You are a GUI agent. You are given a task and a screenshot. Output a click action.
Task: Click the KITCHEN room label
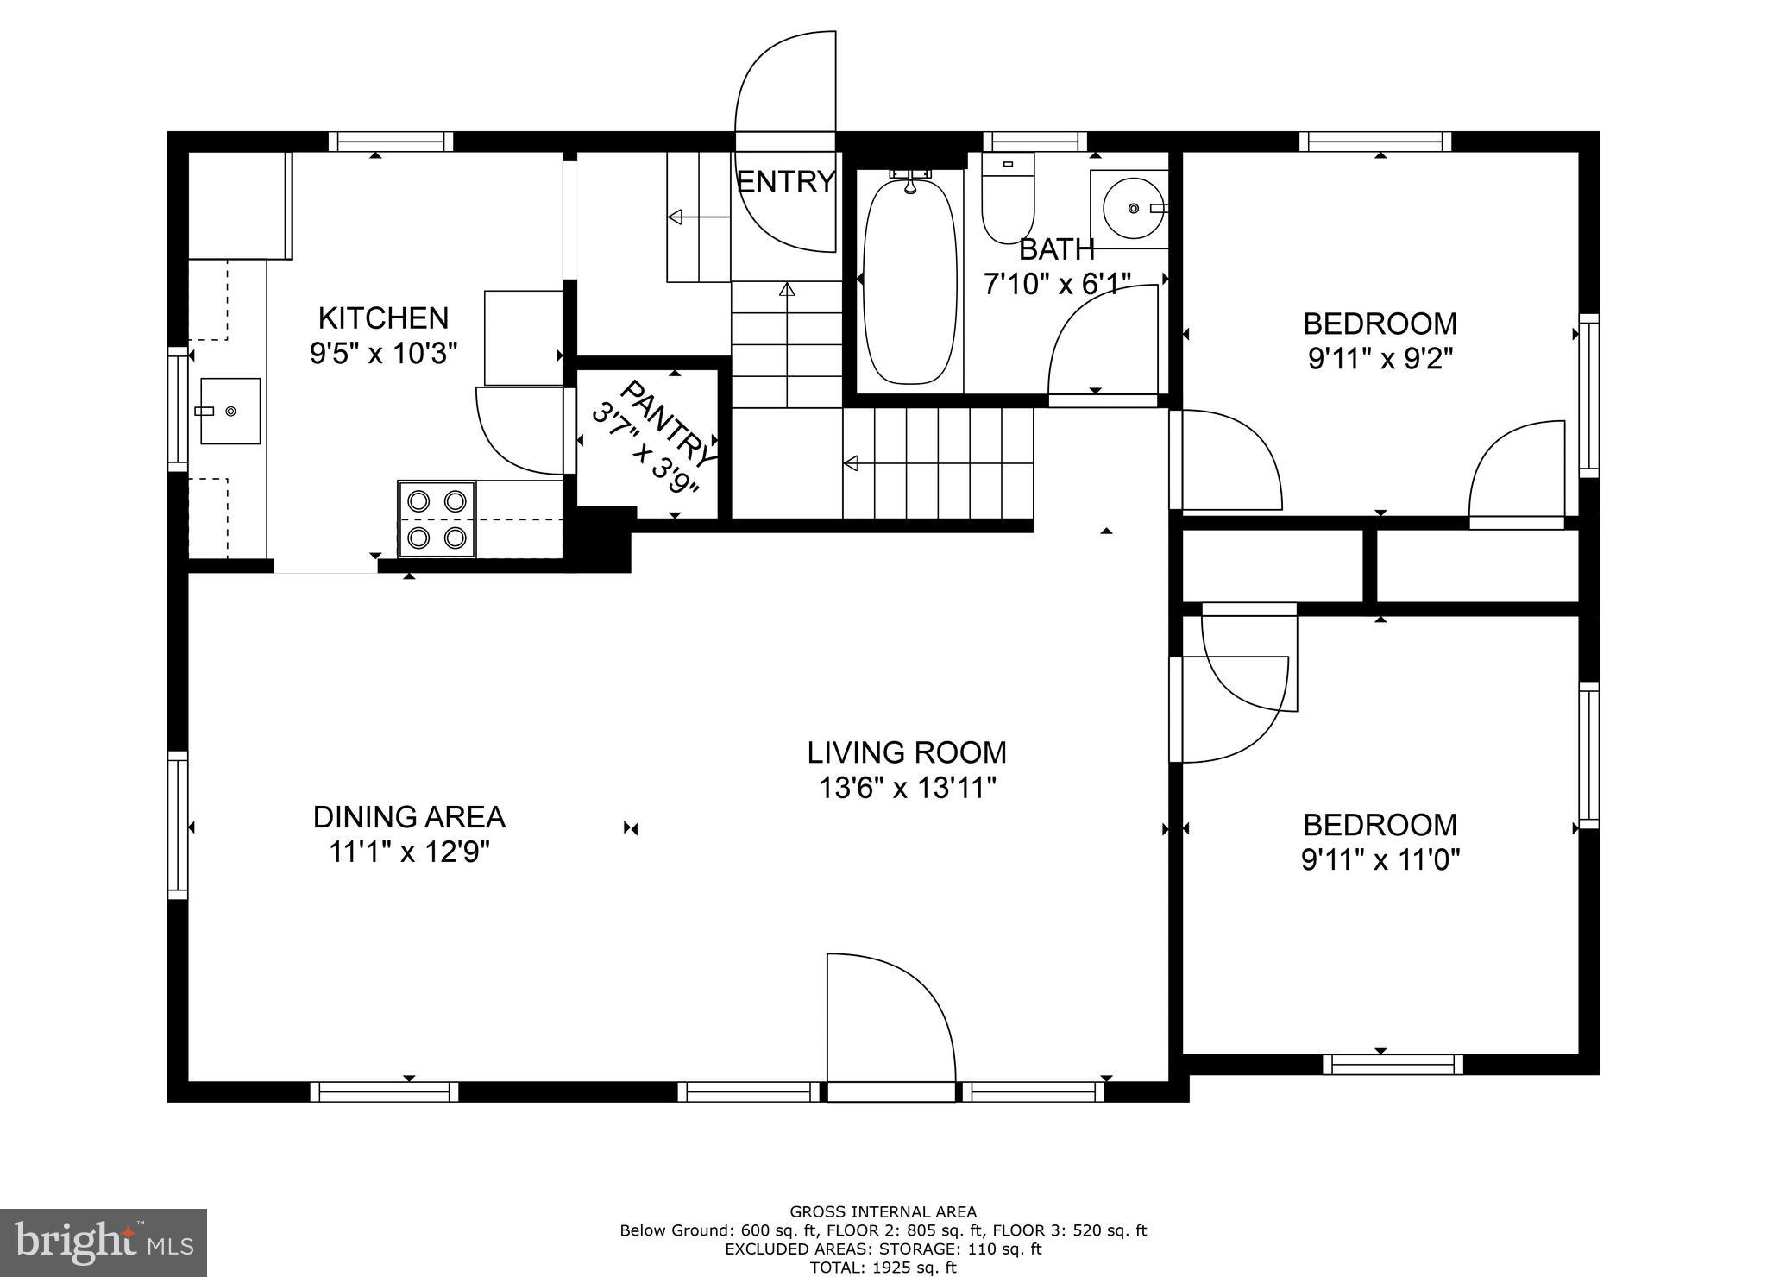(x=383, y=318)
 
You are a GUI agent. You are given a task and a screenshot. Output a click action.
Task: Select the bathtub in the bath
(x=910, y=280)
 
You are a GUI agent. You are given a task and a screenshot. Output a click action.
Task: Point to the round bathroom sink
(x=1132, y=209)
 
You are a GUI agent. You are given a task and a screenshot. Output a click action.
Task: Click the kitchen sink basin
(x=230, y=412)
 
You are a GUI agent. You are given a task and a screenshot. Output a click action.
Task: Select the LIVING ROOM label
(x=907, y=752)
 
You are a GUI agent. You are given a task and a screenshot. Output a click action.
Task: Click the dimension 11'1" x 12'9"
(x=409, y=852)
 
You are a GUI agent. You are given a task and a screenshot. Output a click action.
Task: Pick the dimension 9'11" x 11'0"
(x=1380, y=860)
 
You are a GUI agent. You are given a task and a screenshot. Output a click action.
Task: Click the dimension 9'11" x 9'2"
(x=1380, y=358)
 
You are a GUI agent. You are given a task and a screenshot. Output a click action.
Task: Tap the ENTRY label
(x=785, y=182)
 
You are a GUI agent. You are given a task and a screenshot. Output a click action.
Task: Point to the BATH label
(x=1056, y=249)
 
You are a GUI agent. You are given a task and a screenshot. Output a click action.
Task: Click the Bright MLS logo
(x=103, y=1242)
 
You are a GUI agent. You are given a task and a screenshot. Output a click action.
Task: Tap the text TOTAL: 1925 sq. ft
(x=883, y=1268)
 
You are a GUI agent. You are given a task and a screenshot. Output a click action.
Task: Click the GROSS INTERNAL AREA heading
(x=883, y=1212)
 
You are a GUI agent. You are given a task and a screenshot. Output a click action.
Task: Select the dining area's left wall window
(x=178, y=825)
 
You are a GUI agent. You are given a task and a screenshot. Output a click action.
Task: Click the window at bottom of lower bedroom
(x=1393, y=1065)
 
